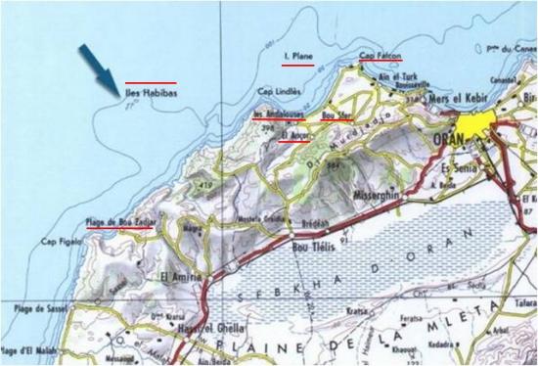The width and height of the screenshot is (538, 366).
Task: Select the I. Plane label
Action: tap(296, 58)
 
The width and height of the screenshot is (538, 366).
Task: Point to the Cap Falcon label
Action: tap(380, 56)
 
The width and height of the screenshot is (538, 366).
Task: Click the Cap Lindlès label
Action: tap(276, 93)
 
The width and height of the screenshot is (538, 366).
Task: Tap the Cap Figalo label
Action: tap(61, 242)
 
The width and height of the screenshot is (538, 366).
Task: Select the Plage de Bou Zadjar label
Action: tap(120, 223)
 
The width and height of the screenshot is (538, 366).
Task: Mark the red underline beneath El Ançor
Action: tap(293, 141)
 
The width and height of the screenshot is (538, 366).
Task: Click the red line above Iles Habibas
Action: tap(151, 82)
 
